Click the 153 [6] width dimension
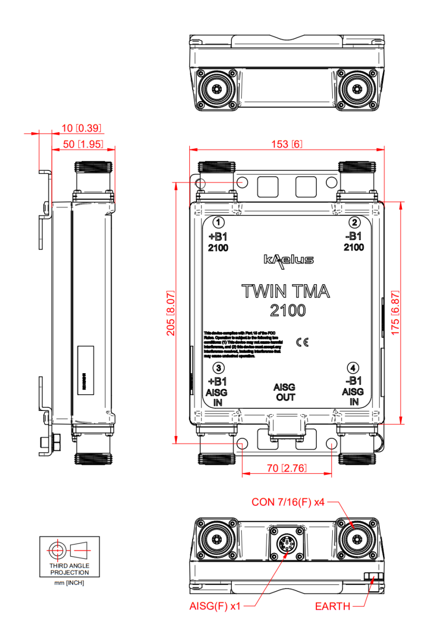click(286, 144)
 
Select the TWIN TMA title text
click(286, 291)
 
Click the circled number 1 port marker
click(219, 222)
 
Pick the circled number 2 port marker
click(355, 222)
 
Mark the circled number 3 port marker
click(219, 367)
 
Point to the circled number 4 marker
click(355, 367)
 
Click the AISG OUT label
click(286, 392)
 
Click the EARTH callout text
click(333, 606)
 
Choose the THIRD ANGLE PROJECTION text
click(69, 569)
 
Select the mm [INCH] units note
click(69, 583)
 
